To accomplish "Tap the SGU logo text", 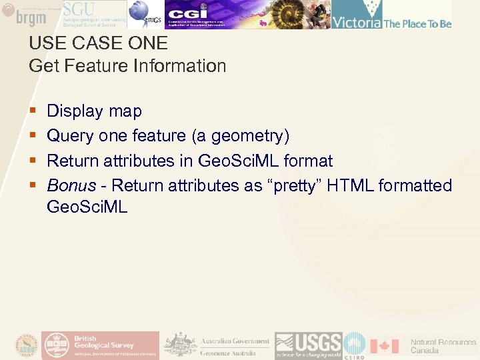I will pyautogui.click(x=79, y=9).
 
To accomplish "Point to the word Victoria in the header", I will pyautogui.click(x=357, y=23).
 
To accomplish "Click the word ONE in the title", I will pyautogui.click(x=149, y=43).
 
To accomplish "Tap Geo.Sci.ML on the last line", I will pyautogui.click(x=87, y=207).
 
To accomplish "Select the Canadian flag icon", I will pyautogui.click(x=384, y=346).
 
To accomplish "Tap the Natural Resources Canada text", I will pyautogui.click(x=443, y=346).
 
